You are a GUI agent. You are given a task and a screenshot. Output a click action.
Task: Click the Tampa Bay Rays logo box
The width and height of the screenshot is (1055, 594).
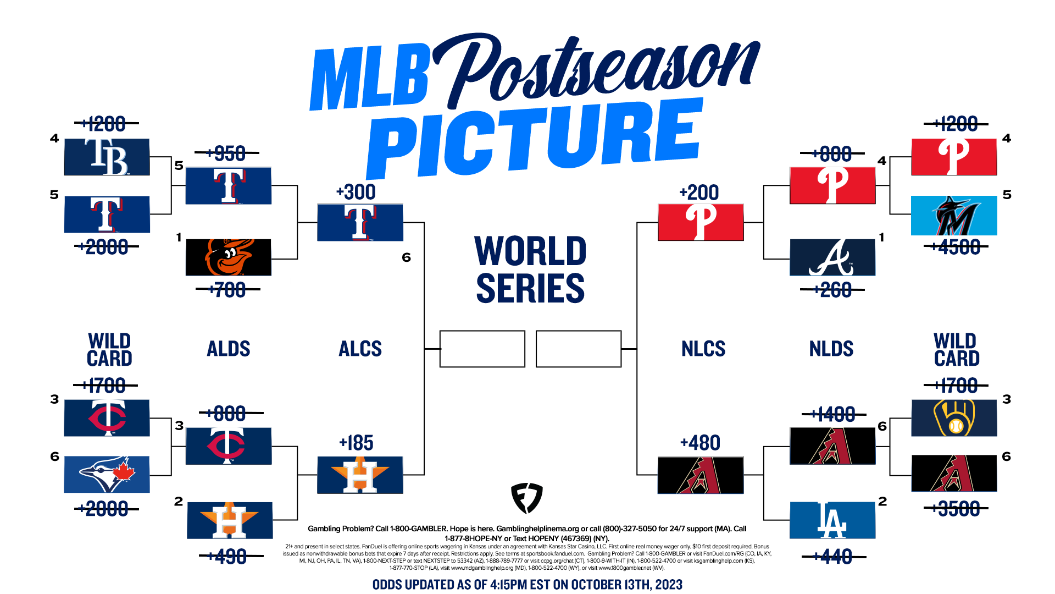pos(107,157)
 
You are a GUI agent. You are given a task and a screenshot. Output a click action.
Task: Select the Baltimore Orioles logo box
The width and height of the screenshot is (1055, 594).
pos(229,257)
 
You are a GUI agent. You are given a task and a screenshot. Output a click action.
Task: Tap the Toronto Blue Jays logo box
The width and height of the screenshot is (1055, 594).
pos(107,474)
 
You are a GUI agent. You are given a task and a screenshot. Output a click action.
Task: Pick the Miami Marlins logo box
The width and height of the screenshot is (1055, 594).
pos(954,216)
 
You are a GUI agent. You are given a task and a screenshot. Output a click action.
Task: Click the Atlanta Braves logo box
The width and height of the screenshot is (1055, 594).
pos(832,257)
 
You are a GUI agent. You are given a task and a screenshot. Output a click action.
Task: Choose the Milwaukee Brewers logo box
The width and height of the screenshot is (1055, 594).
pos(954,418)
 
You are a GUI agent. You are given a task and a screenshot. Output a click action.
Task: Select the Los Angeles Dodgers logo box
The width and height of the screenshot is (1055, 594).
pos(832,520)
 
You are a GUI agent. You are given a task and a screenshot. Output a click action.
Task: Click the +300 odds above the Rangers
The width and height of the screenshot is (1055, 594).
pos(356,193)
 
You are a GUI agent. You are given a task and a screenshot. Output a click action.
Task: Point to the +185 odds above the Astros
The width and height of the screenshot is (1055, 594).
pos(356,443)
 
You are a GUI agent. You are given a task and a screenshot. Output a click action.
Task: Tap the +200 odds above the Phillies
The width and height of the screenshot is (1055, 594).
pos(699,193)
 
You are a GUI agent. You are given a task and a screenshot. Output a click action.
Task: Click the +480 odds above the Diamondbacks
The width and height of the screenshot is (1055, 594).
pos(700,443)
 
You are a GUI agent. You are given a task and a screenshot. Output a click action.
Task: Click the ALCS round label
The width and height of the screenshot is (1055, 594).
pos(360,349)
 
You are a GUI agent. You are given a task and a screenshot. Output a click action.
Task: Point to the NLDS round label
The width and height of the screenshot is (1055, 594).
pos(831,349)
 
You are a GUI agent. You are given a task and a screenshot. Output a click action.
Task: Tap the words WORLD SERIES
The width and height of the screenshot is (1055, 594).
pos(530,269)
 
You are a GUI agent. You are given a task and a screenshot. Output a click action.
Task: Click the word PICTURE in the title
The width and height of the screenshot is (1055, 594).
pos(536,140)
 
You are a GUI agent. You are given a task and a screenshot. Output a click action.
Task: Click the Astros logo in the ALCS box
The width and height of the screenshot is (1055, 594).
pos(360,475)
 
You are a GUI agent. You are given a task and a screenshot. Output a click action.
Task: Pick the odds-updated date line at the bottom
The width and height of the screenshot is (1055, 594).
pos(527,584)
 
